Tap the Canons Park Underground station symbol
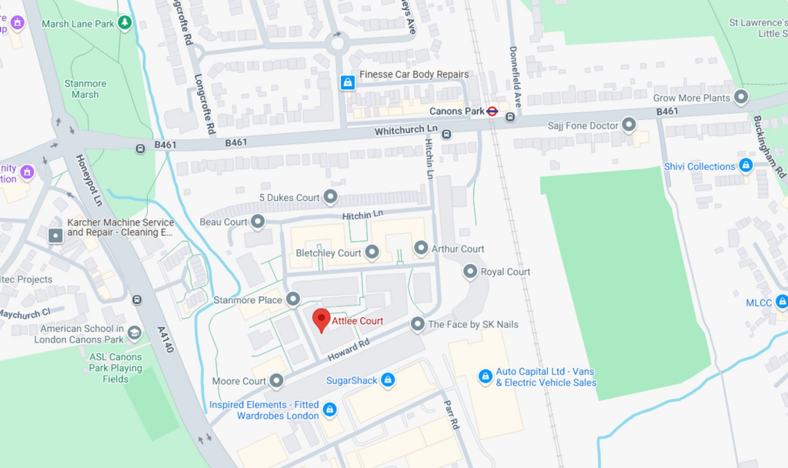click(x=492, y=111)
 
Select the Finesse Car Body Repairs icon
click(x=348, y=82)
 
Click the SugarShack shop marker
click(x=388, y=380)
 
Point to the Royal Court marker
click(x=470, y=272)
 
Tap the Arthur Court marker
click(x=421, y=248)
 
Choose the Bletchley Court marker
click(x=372, y=252)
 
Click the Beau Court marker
click(x=258, y=222)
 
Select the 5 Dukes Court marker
click(x=330, y=198)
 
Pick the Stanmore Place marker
click(x=293, y=299)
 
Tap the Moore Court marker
click(x=276, y=380)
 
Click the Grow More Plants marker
click(x=741, y=98)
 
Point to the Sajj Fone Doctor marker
click(x=629, y=125)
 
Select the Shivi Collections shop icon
click(x=746, y=165)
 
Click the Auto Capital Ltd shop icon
click(x=486, y=376)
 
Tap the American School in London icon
click(x=135, y=333)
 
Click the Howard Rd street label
click(x=349, y=351)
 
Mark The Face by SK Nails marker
click(x=417, y=324)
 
